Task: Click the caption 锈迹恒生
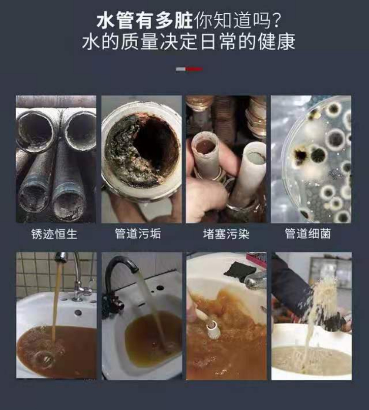(x=54, y=234)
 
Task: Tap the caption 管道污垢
(x=138, y=234)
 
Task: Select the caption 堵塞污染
(x=226, y=234)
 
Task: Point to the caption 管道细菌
(x=308, y=234)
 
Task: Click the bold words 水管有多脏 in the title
(x=145, y=21)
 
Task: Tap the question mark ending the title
(x=276, y=21)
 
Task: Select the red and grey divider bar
(x=189, y=69)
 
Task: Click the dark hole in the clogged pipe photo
(x=154, y=142)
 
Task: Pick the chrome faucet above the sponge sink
(x=255, y=280)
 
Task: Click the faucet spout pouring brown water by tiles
(x=61, y=257)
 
